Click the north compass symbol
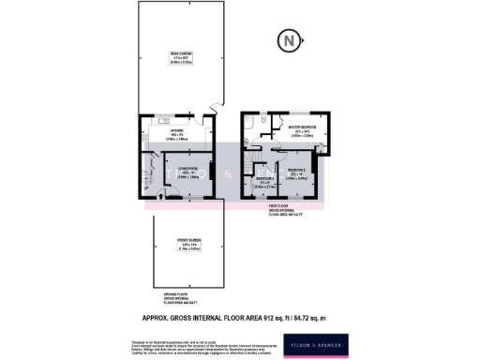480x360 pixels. pyautogui.click(x=290, y=40)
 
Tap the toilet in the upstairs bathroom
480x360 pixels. pyautogui.click(x=265, y=120)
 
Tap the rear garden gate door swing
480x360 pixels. pyautogui.click(x=216, y=109)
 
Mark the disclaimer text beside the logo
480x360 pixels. pyautogui.click(x=234, y=344)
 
